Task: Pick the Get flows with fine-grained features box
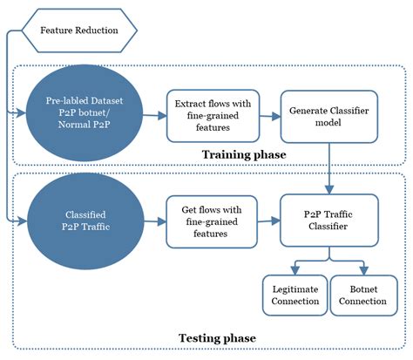(213, 220)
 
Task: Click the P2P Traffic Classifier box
(328, 220)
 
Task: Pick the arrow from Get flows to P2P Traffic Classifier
(269, 220)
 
